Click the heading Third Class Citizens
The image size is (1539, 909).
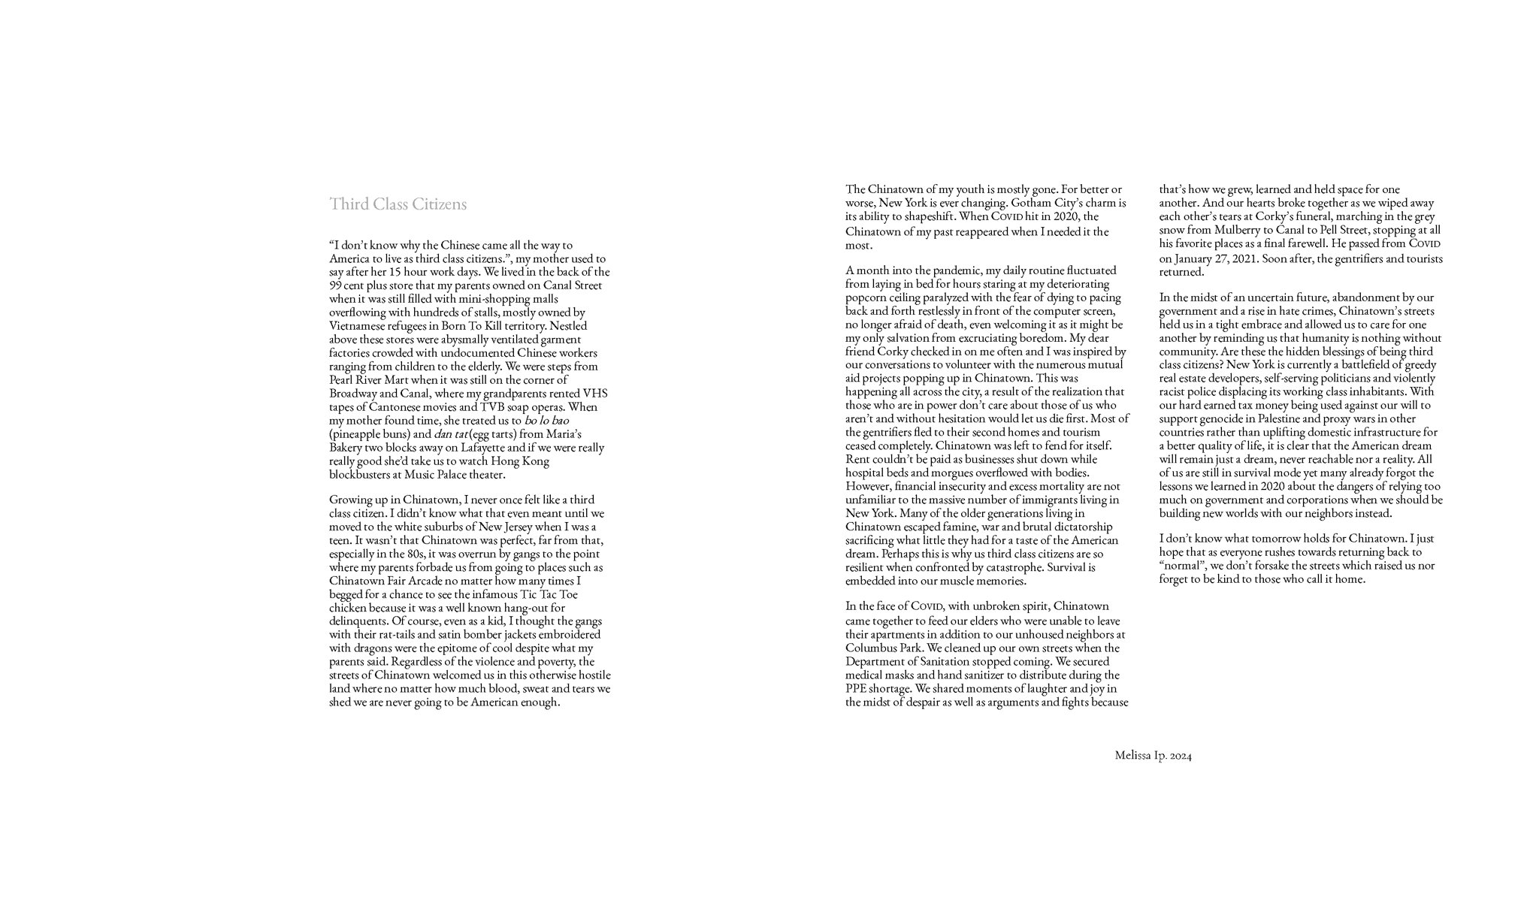pos(398,204)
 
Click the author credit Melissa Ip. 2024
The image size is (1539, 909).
pos(1153,756)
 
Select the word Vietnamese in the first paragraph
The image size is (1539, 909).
pos(357,326)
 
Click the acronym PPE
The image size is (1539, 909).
pos(857,688)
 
